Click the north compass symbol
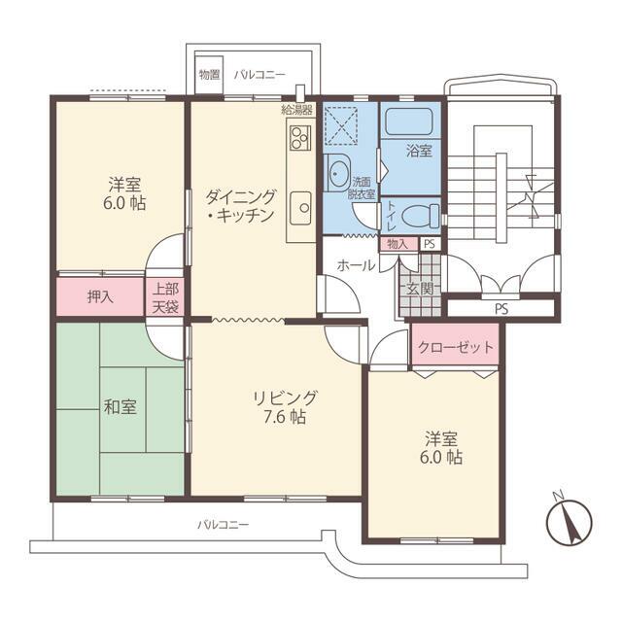tap(566, 524)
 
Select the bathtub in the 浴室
tap(409, 121)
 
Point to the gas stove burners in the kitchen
tap(298, 136)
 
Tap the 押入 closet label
tap(101, 296)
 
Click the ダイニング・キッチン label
tap(240, 205)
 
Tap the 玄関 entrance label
tap(421, 287)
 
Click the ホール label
tap(356, 264)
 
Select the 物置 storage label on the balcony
tap(208, 74)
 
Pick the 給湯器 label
tap(295, 109)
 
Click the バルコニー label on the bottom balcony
tap(224, 524)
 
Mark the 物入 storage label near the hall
tap(397, 244)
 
